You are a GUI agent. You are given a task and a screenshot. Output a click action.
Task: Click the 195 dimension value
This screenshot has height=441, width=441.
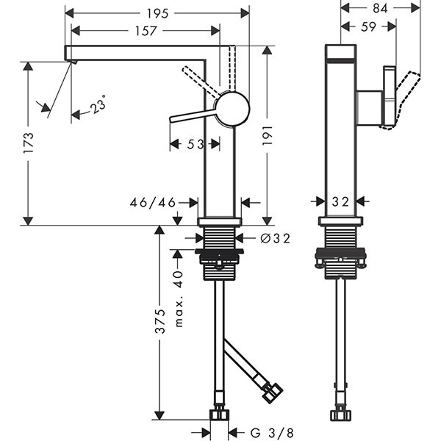coord(157,13)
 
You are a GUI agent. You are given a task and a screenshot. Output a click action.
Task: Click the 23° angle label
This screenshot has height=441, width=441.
coord(98,107)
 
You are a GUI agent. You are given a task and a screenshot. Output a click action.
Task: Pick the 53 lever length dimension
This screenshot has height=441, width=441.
coord(194,145)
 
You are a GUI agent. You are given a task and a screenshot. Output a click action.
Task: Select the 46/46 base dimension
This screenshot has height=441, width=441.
coord(151,201)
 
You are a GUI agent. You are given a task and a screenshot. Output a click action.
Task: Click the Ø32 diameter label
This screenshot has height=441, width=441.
coord(275,237)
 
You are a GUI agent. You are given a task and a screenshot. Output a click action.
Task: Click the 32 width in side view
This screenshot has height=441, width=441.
coord(340,201)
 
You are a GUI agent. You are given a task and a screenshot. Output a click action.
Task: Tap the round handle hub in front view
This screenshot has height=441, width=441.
coord(233,109)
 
